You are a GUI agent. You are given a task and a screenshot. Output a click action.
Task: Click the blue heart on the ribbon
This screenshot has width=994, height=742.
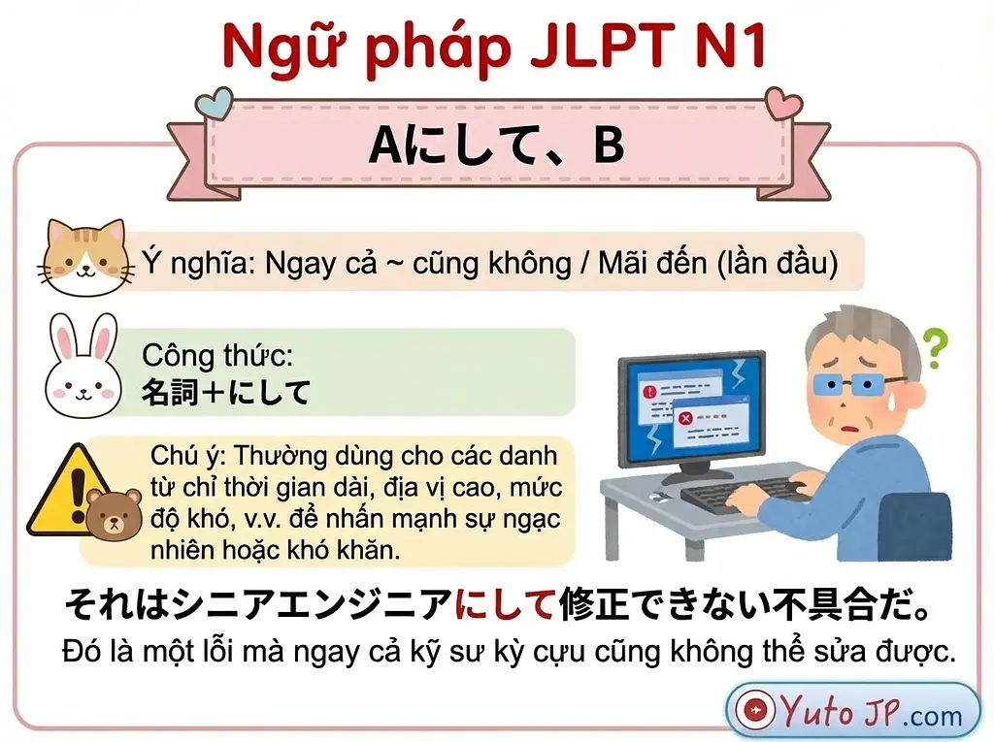pyautogui.click(x=215, y=100)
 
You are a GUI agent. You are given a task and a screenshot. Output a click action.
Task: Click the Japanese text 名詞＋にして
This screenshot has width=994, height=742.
pyautogui.click(x=226, y=393)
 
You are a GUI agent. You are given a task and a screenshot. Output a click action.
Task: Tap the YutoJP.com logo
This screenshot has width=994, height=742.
pyautogui.click(x=853, y=713)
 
